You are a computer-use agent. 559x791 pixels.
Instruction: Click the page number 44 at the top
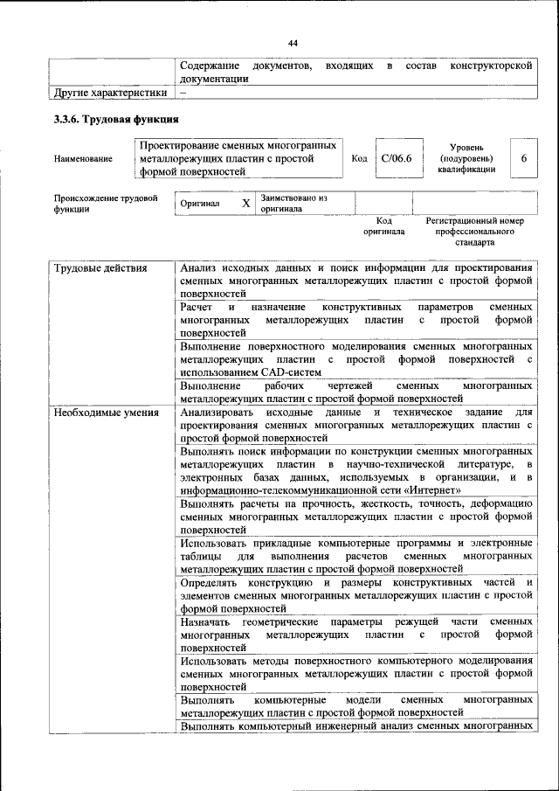pyautogui.click(x=293, y=43)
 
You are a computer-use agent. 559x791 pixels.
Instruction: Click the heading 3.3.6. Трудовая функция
pyautogui.click(x=117, y=119)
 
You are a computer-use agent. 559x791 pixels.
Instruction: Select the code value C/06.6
pyautogui.click(x=396, y=158)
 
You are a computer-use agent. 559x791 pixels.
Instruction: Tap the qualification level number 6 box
pyautogui.click(x=523, y=158)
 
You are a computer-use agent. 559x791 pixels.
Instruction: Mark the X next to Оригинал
pyautogui.click(x=246, y=203)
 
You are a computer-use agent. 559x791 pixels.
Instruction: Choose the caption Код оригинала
pyautogui.click(x=384, y=227)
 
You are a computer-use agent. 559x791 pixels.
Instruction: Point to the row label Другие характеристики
pyautogui.click(x=110, y=92)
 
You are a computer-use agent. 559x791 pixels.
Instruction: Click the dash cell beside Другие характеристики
pyautogui.click(x=183, y=92)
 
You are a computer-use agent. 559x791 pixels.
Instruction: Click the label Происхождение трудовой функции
pyautogui.click(x=105, y=204)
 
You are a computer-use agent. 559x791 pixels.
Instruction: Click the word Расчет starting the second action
pyautogui.click(x=196, y=308)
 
